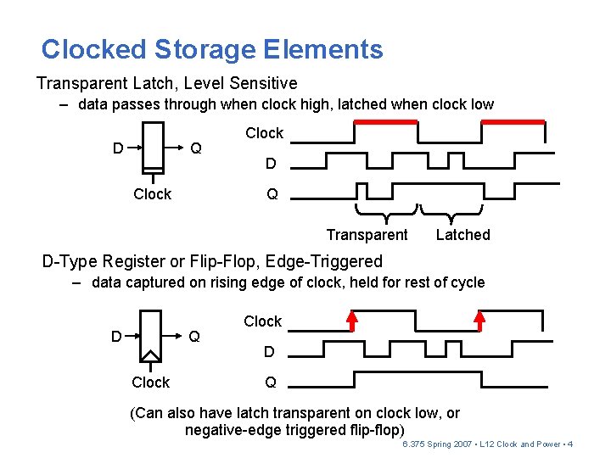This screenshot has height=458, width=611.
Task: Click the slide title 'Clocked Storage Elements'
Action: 212,49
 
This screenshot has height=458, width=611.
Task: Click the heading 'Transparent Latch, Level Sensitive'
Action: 166,83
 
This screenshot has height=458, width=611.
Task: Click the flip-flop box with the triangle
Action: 150,336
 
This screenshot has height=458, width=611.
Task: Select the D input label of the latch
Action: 118,148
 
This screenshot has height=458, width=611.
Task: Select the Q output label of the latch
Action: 196,148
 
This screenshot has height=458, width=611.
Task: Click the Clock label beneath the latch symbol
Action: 153,194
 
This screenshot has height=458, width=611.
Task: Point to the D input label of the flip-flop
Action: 116,337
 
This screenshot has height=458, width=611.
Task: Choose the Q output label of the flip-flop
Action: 194,337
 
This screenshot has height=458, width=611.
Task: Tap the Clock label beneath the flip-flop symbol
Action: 151,383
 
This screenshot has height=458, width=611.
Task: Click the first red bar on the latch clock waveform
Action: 386,122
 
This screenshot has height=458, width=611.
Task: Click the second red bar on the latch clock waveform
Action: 513,122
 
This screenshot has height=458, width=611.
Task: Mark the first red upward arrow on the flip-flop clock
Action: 352,320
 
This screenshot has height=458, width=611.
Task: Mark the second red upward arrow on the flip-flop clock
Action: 479,320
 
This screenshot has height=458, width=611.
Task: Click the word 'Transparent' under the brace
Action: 367,235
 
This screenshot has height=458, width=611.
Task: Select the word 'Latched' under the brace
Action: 463,235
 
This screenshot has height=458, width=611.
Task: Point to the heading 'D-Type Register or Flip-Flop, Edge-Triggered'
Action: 212,261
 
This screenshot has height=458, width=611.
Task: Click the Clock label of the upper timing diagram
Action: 264,133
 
